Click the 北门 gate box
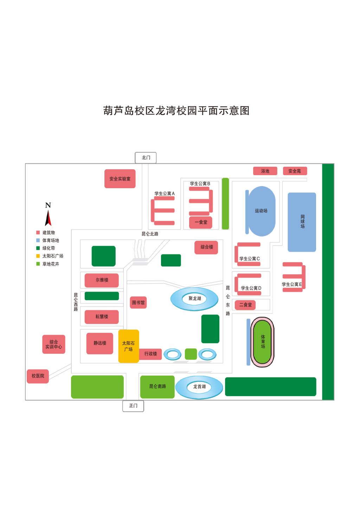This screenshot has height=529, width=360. tap(146, 158)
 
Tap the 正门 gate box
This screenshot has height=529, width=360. tap(133, 406)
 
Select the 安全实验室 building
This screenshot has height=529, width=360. tap(120, 179)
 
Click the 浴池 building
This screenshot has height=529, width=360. tap(265, 171)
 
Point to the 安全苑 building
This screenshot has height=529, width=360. tap(295, 171)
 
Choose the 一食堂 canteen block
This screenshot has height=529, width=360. tap(201, 222)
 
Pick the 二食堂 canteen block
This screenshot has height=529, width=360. tap(245, 305)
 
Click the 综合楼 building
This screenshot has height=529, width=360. tap(206, 247)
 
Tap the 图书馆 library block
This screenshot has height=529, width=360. tap(138, 302)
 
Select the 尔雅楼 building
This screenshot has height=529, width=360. tap(102, 280)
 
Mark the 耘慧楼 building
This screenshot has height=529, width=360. tap(102, 317)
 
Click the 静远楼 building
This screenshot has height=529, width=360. tap(100, 343)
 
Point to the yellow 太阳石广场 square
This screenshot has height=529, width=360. tap(128, 346)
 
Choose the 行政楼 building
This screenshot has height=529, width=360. tap(150, 354)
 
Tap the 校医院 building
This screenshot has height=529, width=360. tap(38, 376)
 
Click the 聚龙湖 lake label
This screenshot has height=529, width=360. tap(195, 299)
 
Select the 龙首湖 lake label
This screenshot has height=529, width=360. tap(199, 387)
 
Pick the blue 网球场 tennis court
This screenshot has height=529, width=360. tap(302, 222)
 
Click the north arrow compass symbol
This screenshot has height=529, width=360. tap(48, 215)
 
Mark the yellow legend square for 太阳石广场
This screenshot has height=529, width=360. tap(38, 256)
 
